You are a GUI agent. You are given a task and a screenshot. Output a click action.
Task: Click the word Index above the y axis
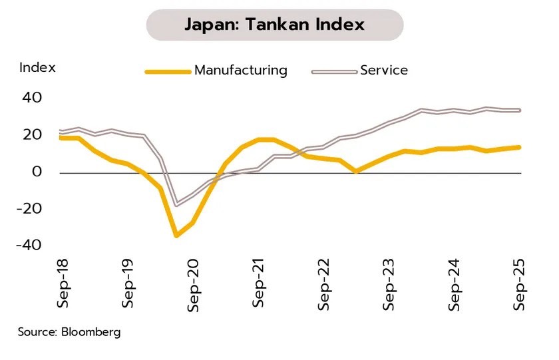click(x=37, y=67)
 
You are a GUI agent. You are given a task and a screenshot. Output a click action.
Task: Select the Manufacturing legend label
click(x=240, y=71)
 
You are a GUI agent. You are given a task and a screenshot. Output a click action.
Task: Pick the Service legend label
click(x=383, y=71)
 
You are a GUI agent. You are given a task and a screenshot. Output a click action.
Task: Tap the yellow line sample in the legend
click(x=167, y=71)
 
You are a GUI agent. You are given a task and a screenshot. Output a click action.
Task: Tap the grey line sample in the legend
click(x=333, y=71)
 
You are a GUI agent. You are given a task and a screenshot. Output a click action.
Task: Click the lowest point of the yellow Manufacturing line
click(x=176, y=235)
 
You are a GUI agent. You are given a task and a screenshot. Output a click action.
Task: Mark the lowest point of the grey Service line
click(x=176, y=204)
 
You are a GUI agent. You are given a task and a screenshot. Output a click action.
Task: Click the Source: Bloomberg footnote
click(x=69, y=332)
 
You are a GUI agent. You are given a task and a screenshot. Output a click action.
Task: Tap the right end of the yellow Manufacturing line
click(x=519, y=148)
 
